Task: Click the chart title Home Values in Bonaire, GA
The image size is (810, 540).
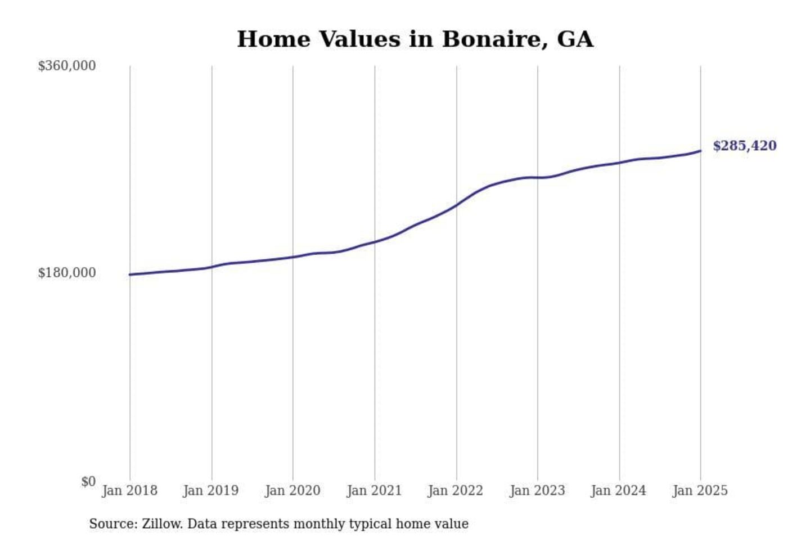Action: [x=415, y=39]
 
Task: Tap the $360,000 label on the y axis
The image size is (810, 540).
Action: [x=66, y=66]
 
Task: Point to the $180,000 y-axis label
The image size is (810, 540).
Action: [x=66, y=273]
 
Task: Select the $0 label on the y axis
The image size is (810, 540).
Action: [x=88, y=481]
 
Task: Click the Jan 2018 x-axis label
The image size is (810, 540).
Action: [x=129, y=490]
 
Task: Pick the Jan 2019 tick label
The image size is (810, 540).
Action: [x=211, y=490]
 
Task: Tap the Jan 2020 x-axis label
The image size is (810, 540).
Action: [x=292, y=490]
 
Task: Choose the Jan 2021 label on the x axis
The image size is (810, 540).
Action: [x=375, y=490]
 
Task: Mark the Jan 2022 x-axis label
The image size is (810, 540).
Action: [x=456, y=490]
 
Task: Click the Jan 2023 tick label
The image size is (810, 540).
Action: [x=537, y=490]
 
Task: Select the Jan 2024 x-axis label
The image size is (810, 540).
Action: [x=619, y=490]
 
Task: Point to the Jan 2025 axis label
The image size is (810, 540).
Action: [x=700, y=490]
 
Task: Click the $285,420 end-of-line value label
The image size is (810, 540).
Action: [x=744, y=146]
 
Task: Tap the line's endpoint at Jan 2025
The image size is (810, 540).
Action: [x=700, y=151]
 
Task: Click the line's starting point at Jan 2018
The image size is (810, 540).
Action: [x=130, y=274]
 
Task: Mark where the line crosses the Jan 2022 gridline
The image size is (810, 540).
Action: [x=456, y=205]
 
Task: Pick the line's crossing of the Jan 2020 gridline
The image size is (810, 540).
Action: [x=292, y=257]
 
